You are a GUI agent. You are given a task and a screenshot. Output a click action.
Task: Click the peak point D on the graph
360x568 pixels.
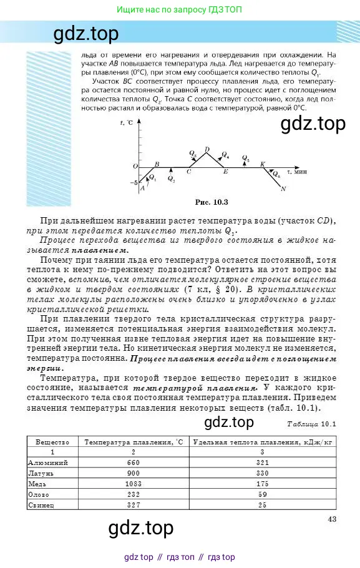[x=207, y=149]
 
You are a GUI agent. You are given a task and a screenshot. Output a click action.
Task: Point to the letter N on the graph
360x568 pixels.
[x=283, y=189]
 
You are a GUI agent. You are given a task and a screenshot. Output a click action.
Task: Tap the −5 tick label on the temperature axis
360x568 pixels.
[x=134, y=183]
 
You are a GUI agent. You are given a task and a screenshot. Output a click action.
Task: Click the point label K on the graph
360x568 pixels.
[x=263, y=164]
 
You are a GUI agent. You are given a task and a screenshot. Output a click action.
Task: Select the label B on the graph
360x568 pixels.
[x=156, y=164]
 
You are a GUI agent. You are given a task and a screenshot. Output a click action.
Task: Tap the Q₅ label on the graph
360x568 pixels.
[x=245, y=159]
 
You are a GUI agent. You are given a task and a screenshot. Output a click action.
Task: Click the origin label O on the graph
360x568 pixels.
[x=135, y=166]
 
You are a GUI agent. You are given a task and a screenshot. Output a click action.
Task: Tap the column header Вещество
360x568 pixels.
[x=52, y=442]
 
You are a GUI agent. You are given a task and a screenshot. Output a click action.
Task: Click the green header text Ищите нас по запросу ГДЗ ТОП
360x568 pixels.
[x=180, y=9]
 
